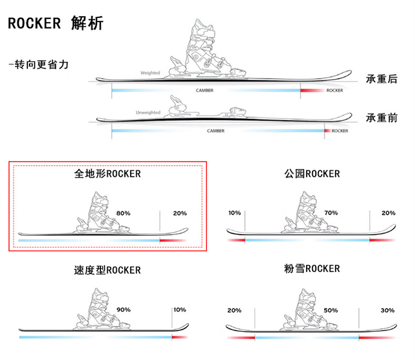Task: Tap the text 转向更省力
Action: [39, 65]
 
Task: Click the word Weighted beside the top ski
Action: [150, 73]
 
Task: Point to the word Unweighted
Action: [148, 112]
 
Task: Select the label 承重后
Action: [381, 79]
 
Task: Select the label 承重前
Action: [381, 118]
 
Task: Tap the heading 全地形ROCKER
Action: [108, 173]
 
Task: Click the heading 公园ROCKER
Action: [312, 174]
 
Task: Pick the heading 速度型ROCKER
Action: [107, 270]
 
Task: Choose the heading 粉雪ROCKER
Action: [312, 269]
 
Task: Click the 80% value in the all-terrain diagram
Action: [123, 214]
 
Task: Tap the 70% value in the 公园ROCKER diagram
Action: [331, 213]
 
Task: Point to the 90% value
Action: [123, 310]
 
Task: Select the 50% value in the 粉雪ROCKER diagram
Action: [331, 310]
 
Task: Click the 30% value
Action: [388, 310]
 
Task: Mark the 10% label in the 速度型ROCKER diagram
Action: [179, 310]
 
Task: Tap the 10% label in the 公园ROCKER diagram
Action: [234, 213]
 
